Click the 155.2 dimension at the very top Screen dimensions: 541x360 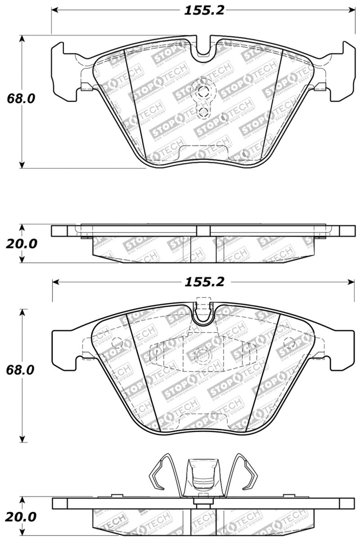[x=203, y=10]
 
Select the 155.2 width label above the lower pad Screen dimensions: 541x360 [x=203, y=282]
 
